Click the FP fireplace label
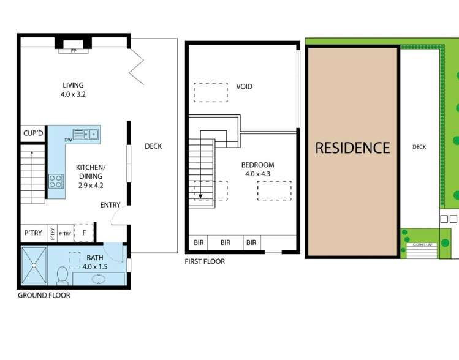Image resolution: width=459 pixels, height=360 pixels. tap(74, 51)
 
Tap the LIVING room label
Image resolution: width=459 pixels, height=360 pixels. tap(73, 85)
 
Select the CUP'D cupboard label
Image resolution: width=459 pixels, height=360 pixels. tap(33, 133)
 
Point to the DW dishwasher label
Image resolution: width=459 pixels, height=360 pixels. tap(67, 140)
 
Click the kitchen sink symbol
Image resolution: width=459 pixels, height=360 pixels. tap(86, 133)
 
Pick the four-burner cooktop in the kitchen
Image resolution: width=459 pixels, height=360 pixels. tap(56, 181)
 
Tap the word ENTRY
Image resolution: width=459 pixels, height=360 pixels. tap(110, 205)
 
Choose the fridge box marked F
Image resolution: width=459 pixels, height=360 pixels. tap(84, 233)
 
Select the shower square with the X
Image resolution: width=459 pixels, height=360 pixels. tap(37, 265)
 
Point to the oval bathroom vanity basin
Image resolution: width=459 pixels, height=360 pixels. tap(98, 279)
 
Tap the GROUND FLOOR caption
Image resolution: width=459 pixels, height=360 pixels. tap(44, 295)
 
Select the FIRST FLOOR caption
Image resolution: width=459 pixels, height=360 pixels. tap(205, 261)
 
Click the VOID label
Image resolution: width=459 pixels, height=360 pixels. tap(244, 87)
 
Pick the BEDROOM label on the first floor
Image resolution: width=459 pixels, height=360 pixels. tap(257, 165)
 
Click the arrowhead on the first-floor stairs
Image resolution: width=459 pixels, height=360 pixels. tap(200, 197)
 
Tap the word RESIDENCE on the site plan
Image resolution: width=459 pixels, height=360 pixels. tap(352, 148)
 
